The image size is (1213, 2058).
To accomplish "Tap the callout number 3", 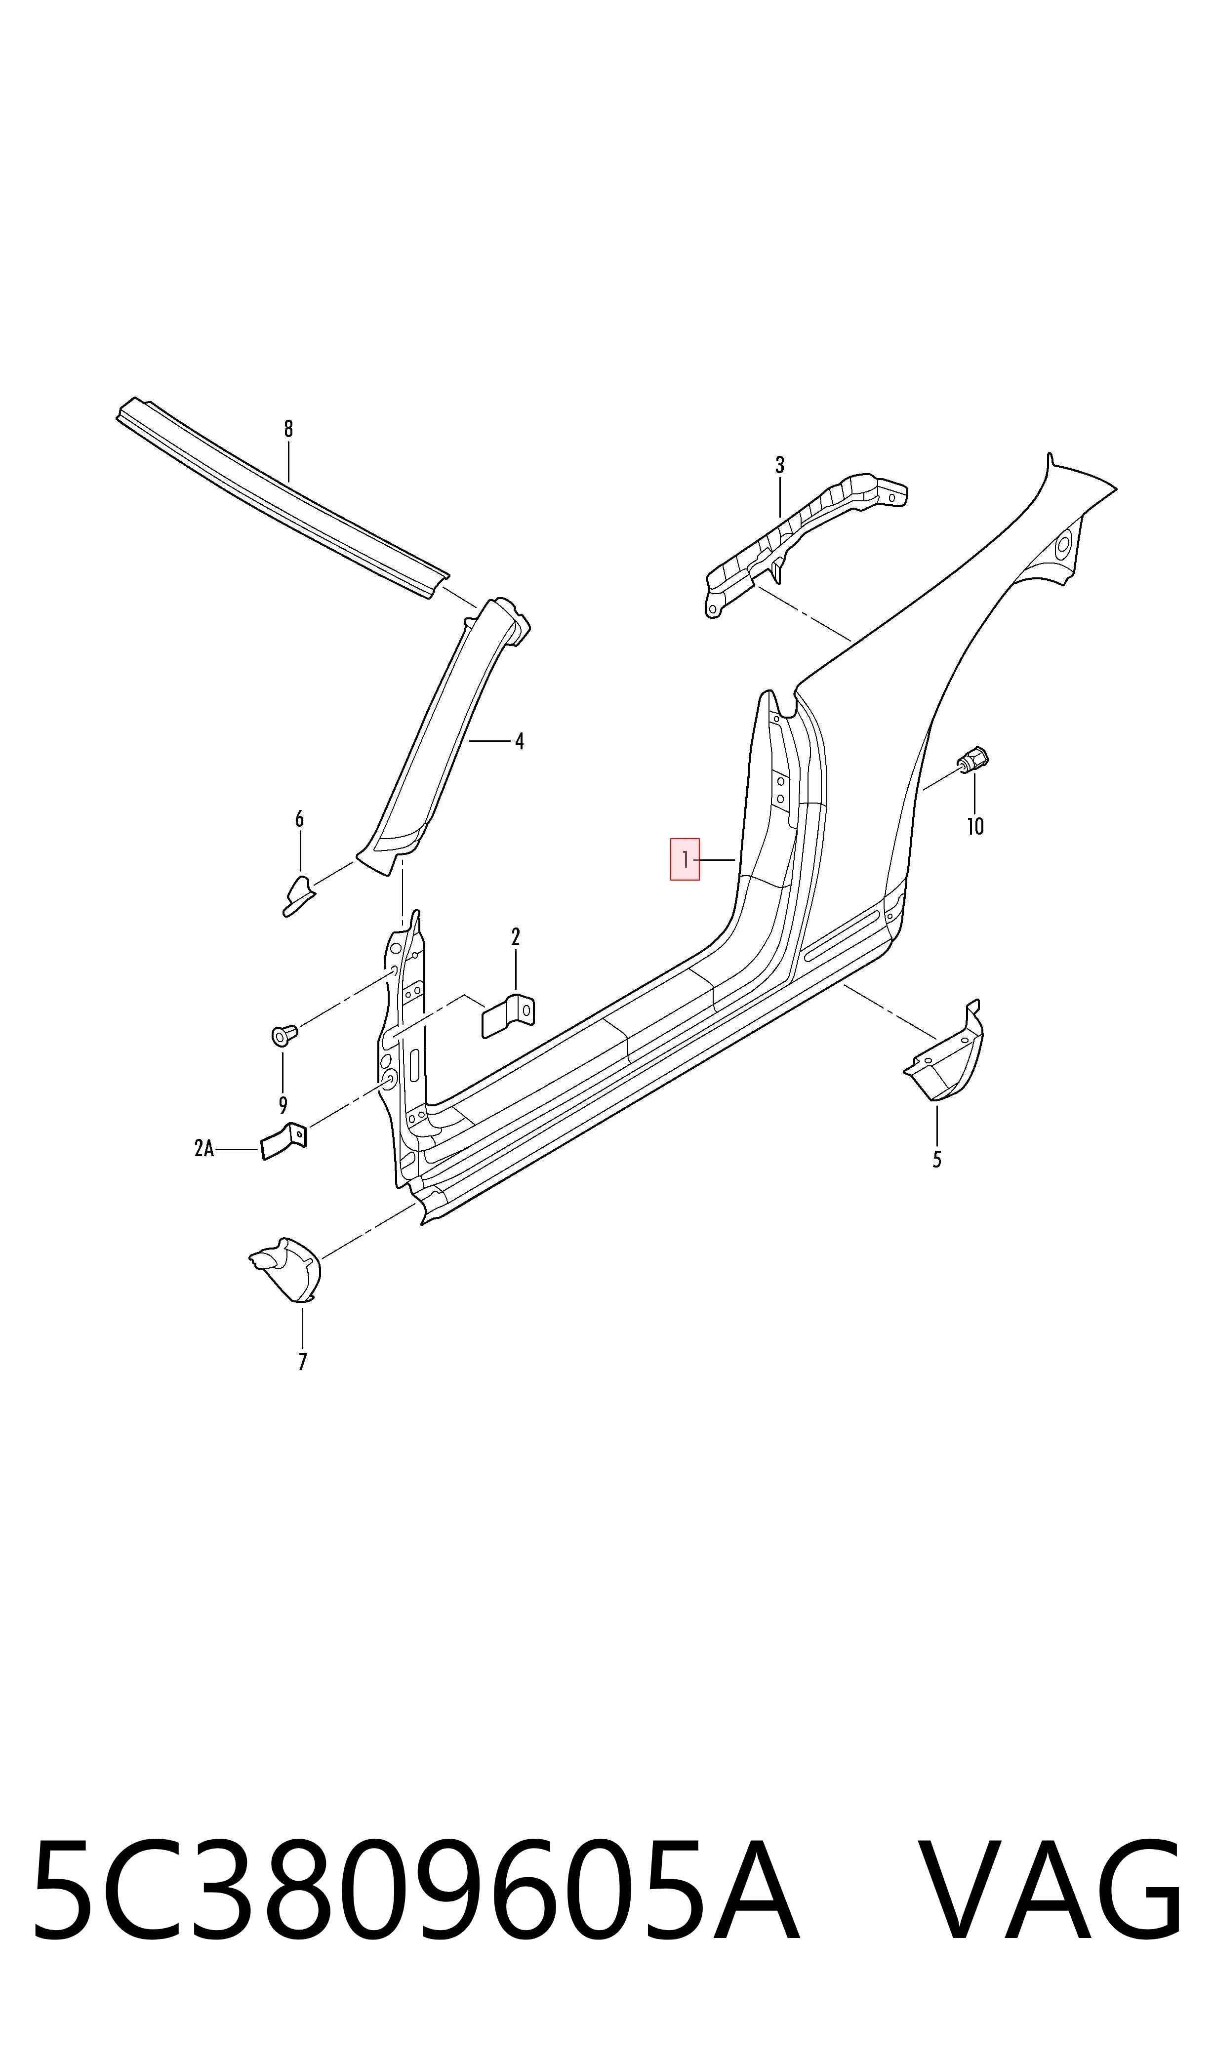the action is tap(780, 465).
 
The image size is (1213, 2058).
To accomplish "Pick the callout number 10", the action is tap(975, 826).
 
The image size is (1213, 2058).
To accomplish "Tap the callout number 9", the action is tap(283, 1106).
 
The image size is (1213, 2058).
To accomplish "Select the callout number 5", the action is tap(937, 1159).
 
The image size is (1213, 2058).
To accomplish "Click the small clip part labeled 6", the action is tap(299, 896).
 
